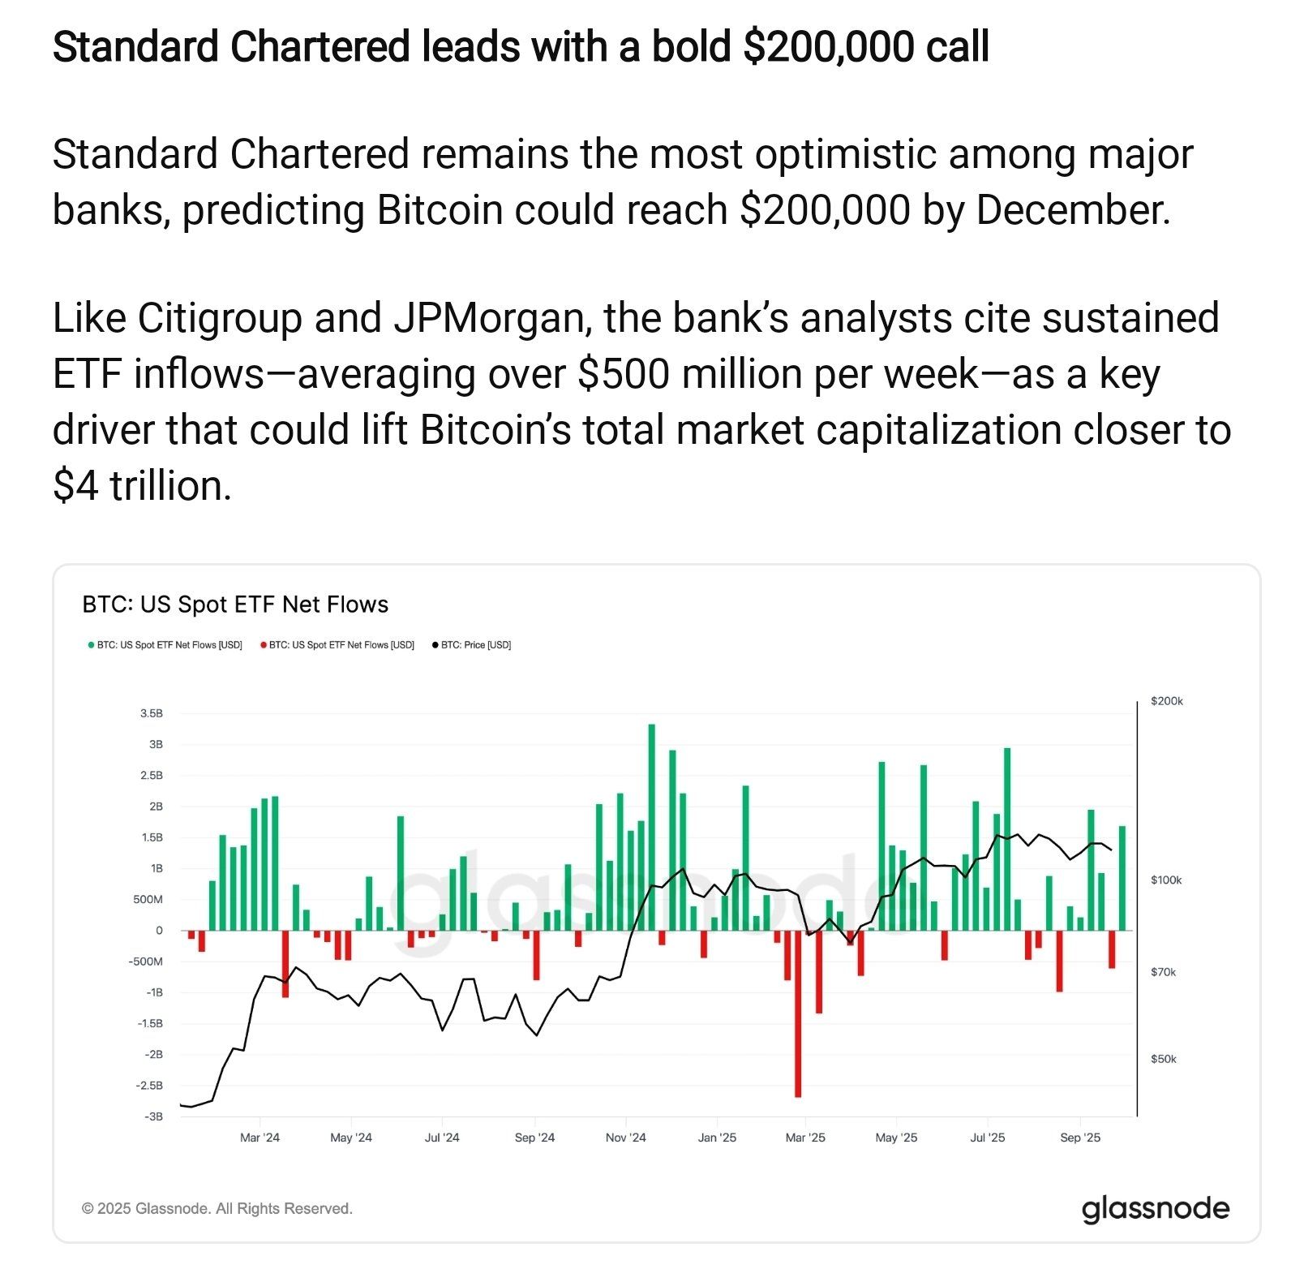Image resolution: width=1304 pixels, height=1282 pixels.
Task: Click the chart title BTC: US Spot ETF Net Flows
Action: (x=235, y=604)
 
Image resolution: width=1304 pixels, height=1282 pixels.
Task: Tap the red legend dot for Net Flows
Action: (x=263, y=645)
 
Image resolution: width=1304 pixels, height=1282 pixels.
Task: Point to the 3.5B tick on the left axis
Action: (x=152, y=713)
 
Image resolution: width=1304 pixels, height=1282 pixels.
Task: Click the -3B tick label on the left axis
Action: (x=153, y=1116)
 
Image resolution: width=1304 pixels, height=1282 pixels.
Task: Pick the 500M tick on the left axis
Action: (x=148, y=899)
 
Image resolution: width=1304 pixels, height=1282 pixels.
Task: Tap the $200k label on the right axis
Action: (x=1166, y=701)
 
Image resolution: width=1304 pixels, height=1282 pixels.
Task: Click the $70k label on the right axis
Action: (x=1163, y=972)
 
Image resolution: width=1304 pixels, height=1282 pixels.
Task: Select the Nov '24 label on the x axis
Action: (x=625, y=1138)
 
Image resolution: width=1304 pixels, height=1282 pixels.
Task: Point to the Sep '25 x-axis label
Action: (x=1080, y=1138)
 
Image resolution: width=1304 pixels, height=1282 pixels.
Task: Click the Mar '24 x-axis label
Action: (x=260, y=1138)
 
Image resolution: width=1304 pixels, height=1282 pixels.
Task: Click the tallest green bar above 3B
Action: (x=651, y=824)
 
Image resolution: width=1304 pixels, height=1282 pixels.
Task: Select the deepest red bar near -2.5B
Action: (x=798, y=1014)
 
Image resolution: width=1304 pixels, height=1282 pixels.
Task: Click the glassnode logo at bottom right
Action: (x=1155, y=1208)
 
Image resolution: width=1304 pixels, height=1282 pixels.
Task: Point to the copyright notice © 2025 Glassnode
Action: (x=217, y=1208)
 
